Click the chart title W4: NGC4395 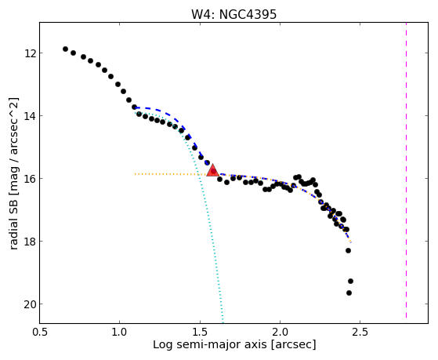(233, 14)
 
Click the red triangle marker (213, 171)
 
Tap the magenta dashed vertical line (406, 170)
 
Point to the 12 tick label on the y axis (29, 53)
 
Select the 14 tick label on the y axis (29, 115)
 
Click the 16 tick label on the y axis (29, 179)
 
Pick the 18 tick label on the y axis (29, 241)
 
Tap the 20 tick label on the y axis (29, 304)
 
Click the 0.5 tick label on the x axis (39, 332)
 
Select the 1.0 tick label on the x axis (120, 332)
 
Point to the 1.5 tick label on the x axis (200, 332)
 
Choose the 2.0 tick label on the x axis (280, 332)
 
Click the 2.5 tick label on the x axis (360, 332)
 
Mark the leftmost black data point (65, 49)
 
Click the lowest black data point (349, 293)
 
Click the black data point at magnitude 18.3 (348, 250)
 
